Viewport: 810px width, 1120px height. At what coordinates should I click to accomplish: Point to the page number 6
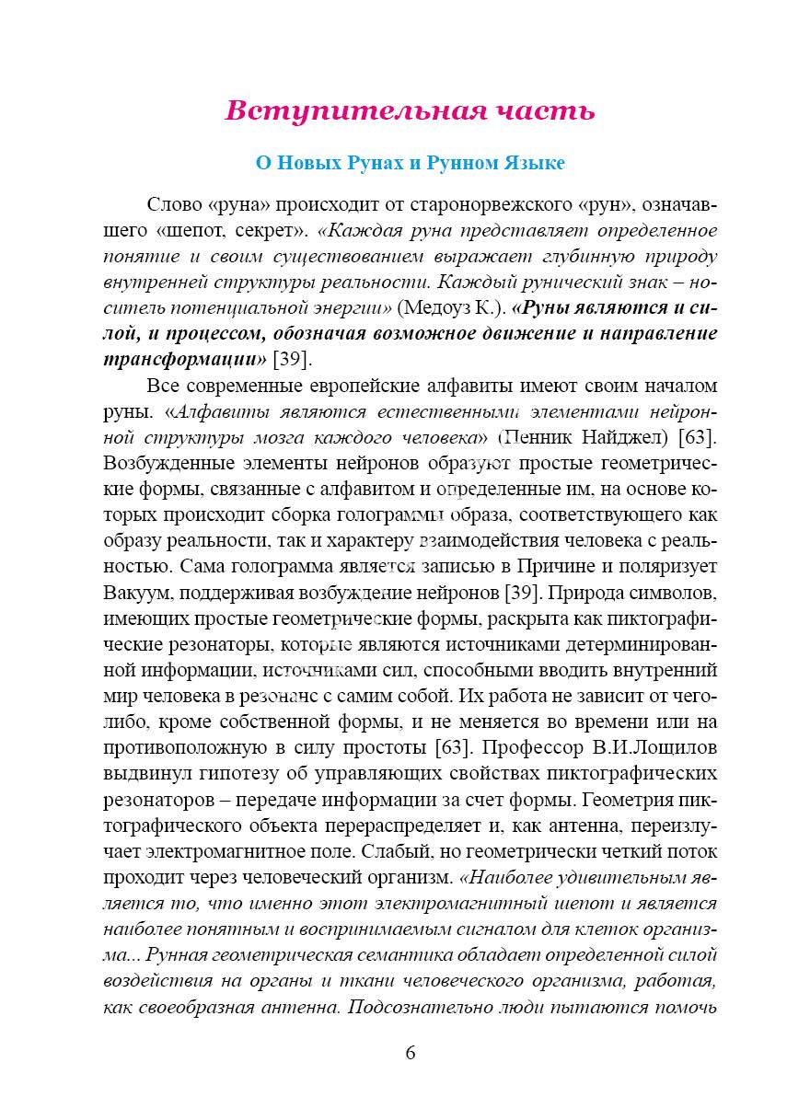[410, 1054]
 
